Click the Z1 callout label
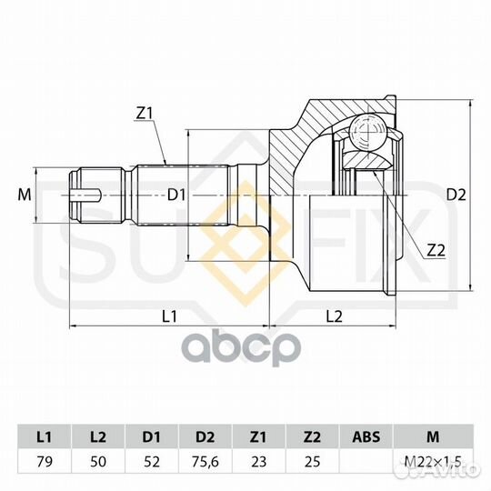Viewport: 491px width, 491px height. tap(144, 114)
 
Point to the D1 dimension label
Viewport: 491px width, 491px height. tap(176, 195)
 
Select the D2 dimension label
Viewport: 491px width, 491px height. tap(456, 195)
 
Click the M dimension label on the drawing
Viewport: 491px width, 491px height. tap(25, 195)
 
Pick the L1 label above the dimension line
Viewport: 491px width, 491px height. tap(169, 316)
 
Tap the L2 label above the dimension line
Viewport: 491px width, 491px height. tap(334, 316)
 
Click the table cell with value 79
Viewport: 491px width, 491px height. tap(45, 462)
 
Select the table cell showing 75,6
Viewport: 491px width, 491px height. tap(205, 462)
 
